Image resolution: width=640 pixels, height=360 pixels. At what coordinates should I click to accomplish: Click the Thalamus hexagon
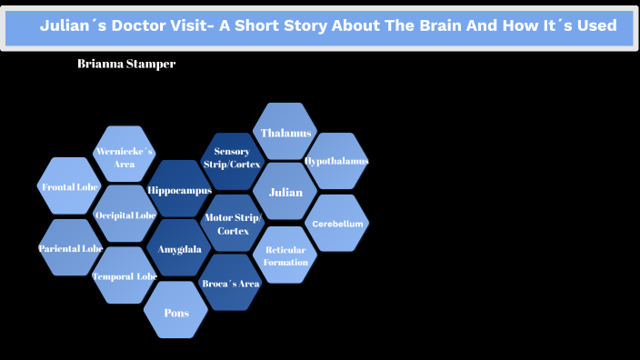[285, 133]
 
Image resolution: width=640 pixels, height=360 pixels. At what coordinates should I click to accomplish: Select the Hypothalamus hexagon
[336, 161]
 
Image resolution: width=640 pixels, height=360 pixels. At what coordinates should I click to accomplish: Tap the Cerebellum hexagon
[337, 223]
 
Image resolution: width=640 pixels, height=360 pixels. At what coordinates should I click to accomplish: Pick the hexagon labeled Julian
[285, 192]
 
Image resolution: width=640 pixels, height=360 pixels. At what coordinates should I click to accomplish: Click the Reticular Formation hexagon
[285, 255]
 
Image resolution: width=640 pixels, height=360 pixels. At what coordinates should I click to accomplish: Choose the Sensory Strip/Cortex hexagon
[232, 158]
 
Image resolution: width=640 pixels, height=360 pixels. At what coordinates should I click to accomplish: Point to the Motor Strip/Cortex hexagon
[232, 224]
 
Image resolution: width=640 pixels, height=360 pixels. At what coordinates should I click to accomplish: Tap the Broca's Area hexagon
[231, 283]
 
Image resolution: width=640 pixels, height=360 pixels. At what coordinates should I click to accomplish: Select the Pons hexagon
[176, 312]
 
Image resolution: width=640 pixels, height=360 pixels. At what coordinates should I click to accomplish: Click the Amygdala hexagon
[179, 248]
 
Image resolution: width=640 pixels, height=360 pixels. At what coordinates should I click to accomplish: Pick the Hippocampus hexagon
[179, 190]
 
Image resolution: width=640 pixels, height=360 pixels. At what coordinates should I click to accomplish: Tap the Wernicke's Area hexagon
[125, 155]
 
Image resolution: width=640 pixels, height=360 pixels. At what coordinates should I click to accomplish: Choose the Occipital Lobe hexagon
[125, 215]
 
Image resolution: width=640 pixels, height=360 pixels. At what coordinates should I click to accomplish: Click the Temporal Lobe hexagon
[125, 275]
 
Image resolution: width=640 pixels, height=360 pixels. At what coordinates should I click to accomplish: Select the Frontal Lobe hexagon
[70, 186]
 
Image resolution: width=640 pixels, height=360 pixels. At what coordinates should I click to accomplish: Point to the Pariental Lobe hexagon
[70, 247]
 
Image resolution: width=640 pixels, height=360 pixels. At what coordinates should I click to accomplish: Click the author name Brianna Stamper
[126, 65]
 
